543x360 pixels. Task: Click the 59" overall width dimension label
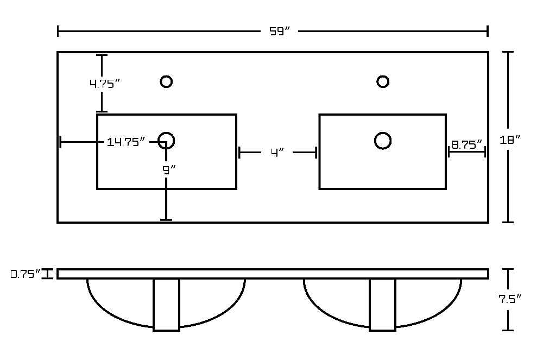click(279, 31)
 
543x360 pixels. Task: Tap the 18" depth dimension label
click(510, 140)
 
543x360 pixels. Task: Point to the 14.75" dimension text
click(126, 142)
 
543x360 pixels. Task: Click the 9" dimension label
click(169, 169)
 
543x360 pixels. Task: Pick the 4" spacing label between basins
click(277, 152)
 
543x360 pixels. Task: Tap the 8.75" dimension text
click(466, 144)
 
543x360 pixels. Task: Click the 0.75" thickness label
click(26, 274)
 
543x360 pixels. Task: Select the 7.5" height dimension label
click(510, 299)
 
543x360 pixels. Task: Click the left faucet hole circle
click(166, 81)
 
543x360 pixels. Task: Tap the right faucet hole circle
click(383, 81)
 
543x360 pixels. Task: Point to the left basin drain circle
click(166, 141)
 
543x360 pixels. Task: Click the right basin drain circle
click(383, 141)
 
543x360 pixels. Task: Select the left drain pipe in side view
click(166, 305)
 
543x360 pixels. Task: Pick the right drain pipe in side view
click(382, 305)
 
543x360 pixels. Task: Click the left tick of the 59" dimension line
click(58, 31)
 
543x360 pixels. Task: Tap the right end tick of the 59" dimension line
click(488, 31)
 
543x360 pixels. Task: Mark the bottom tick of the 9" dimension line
click(166, 219)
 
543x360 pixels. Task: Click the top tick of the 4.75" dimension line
click(102, 55)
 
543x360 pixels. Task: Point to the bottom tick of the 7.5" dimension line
click(508, 330)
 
